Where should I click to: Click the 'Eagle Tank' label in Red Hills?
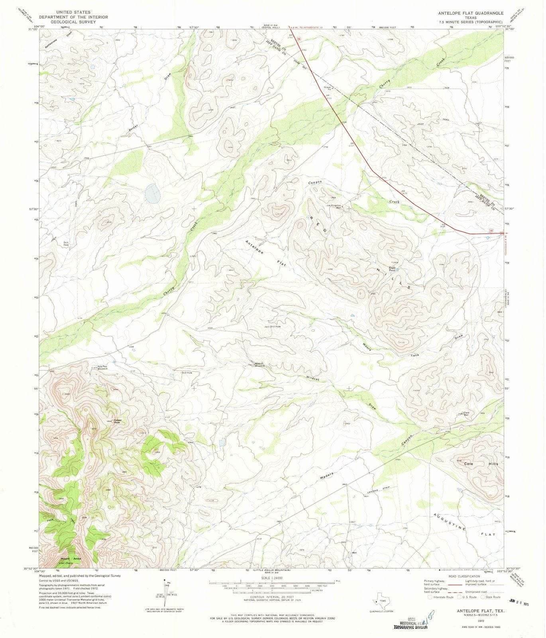pyautogui.click(x=392, y=270)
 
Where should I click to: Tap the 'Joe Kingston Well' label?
pyautogui.click(x=334, y=207)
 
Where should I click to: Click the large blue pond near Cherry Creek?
pyautogui.click(x=153, y=193)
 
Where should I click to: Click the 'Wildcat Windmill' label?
pyautogui.click(x=259, y=364)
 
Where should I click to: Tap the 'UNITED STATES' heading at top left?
pyautogui.click(x=73, y=12)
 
